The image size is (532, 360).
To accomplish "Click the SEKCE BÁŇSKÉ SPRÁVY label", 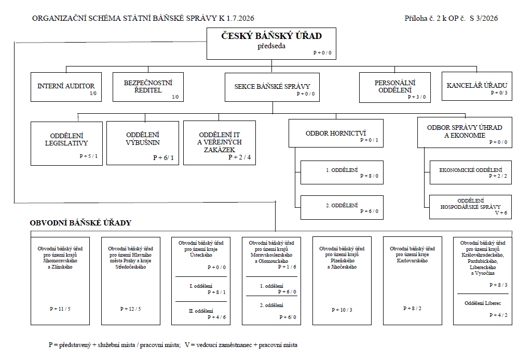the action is (272, 87).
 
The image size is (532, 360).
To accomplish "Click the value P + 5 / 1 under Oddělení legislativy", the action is (89, 156).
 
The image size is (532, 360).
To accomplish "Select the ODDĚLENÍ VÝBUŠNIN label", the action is (143, 139).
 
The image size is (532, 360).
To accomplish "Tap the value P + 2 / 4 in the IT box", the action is (240, 157).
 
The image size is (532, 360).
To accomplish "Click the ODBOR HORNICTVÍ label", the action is (336, 134).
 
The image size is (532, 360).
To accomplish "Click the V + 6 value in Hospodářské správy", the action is (501, 213).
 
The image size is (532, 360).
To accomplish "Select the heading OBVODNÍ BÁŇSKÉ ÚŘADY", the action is (80, 223).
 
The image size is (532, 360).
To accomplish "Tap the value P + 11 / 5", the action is (60, 309).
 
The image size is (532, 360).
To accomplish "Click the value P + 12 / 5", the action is (131, 309).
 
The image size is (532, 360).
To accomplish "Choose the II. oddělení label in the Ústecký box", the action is (201, 311).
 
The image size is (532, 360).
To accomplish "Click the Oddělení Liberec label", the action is (483, 303).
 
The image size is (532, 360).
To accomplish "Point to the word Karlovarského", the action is (412, 261).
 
